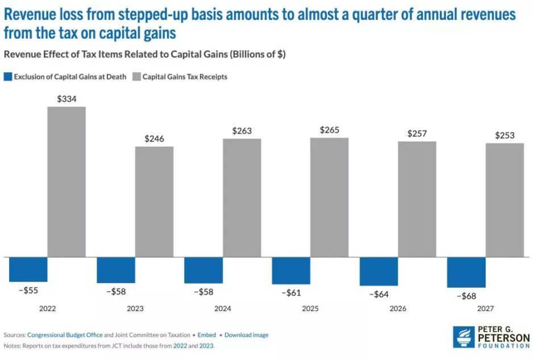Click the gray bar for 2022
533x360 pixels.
click(66, 181)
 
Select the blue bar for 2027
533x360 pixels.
click(466, 272)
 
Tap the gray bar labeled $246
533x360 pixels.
click(154, 201)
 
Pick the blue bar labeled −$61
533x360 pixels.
click(291, 270)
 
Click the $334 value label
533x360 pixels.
click(66, 99)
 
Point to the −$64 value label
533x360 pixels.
click(378, 294)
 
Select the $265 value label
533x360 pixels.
click(330, 130)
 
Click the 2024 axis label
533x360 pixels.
click(223, 308)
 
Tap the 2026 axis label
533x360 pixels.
click(398, 308)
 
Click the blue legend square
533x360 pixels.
click(7, 76)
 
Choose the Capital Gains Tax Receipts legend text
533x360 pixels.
click(185, 76)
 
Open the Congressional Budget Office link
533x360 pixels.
click(70, 335)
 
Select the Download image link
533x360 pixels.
click(246, 335)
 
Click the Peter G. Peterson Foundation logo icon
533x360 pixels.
click(464, 337)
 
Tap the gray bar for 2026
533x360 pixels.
click(417, 199)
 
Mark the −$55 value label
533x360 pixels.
click(28, 290)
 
